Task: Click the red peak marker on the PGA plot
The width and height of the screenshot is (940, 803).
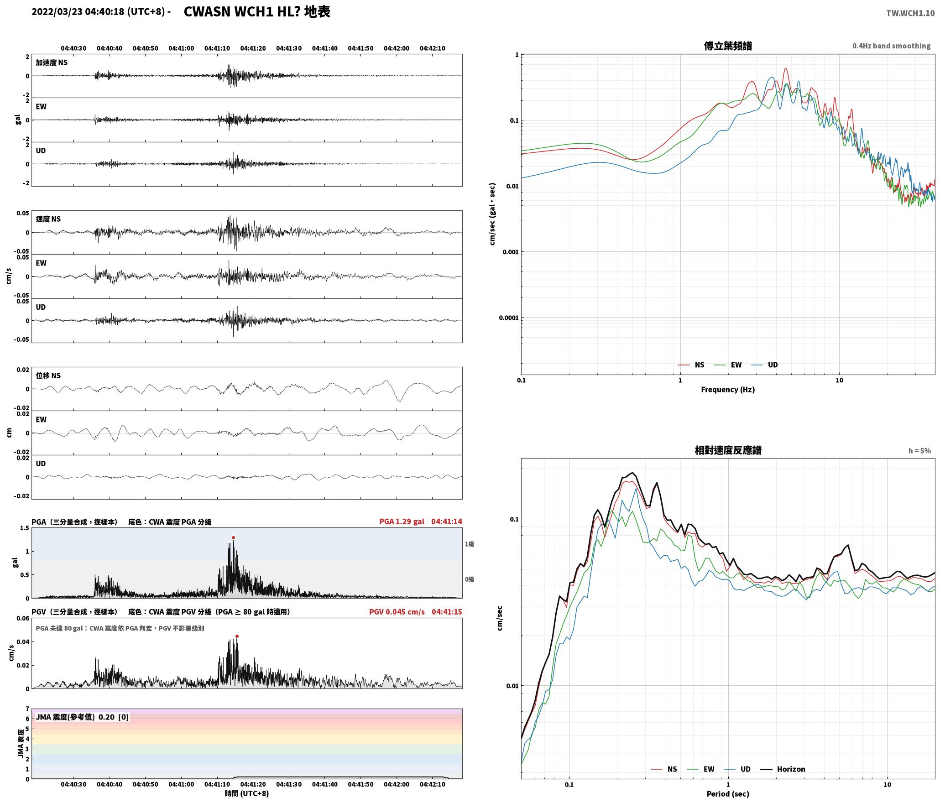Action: point(233,537)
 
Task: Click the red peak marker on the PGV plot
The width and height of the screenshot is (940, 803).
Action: point(237,636)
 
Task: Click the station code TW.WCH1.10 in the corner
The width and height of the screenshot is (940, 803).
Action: point(910,13)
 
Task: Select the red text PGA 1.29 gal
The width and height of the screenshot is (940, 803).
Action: point(402,521)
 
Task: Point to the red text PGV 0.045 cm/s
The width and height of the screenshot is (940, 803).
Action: point(397,612)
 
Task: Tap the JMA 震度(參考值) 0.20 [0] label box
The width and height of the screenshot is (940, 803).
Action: point(82,717)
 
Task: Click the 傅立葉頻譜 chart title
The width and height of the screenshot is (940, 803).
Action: point(728,46)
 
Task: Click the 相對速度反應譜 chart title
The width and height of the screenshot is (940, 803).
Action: point(728,450)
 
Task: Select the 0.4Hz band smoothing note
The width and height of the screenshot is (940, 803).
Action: point(891,46)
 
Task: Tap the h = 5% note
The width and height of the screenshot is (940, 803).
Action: point(919,451)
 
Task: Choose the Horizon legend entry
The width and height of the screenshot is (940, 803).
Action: point(783,769)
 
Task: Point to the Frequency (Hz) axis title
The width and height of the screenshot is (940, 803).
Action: point(728,389)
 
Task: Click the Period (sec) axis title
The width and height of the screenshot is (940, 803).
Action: point(728,793)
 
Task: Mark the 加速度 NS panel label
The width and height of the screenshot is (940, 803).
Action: point(52,63)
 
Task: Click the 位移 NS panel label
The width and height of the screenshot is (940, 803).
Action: point(48,375)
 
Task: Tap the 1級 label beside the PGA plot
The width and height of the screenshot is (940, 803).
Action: point(470,544)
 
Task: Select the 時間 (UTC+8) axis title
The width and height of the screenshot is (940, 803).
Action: point(246,793)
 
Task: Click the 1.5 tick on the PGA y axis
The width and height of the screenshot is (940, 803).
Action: point(24,528)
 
